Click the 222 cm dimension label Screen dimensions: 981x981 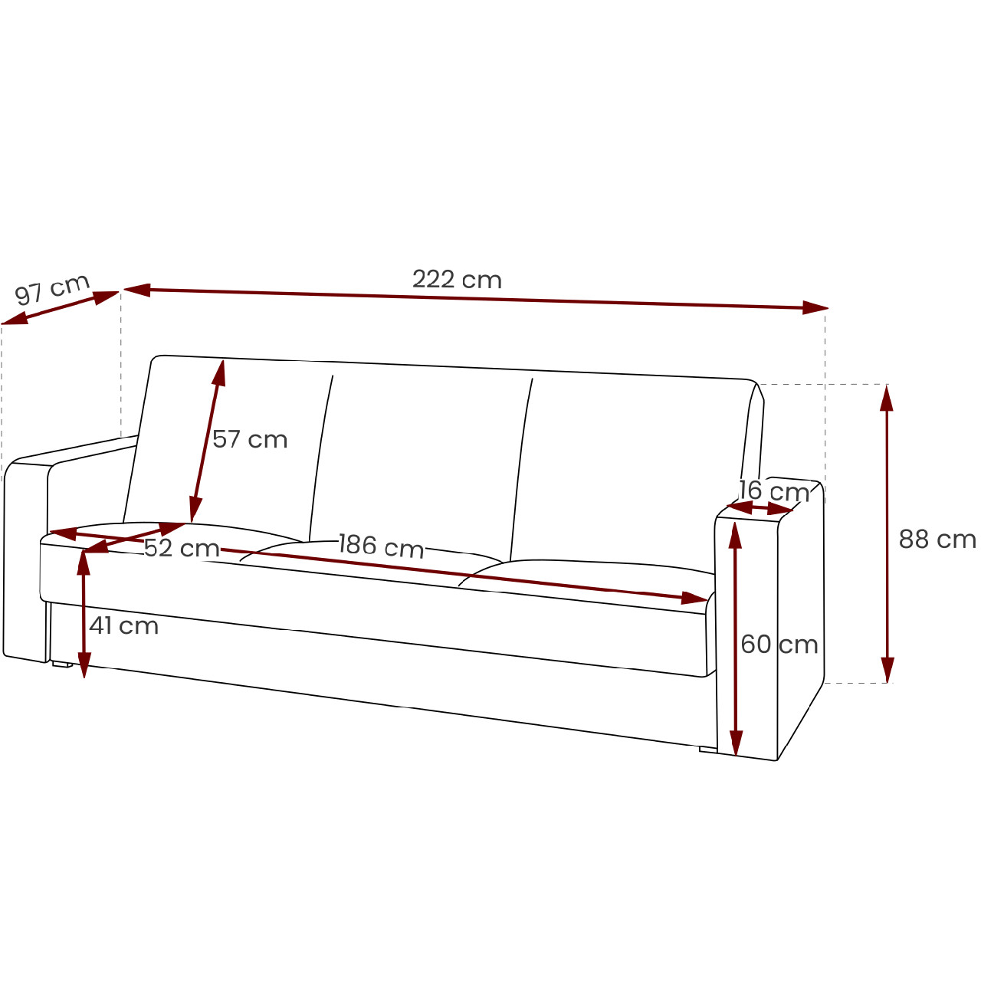[x=457, y=280]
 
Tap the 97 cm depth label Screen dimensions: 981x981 [x=52, y=289]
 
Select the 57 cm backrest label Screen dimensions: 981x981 [x=249, y=439]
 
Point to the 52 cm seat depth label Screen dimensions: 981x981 [x=181, y=548]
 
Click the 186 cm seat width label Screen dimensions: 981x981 [x=381, y=545]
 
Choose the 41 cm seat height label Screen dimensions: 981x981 [x=123, y=625]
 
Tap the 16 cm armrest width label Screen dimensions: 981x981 [x=774, y=491]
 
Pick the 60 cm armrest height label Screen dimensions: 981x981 [x=779, y=645]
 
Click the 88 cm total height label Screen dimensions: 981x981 [x=937, y=540]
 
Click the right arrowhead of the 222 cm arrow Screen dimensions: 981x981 [x=815, y=307]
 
